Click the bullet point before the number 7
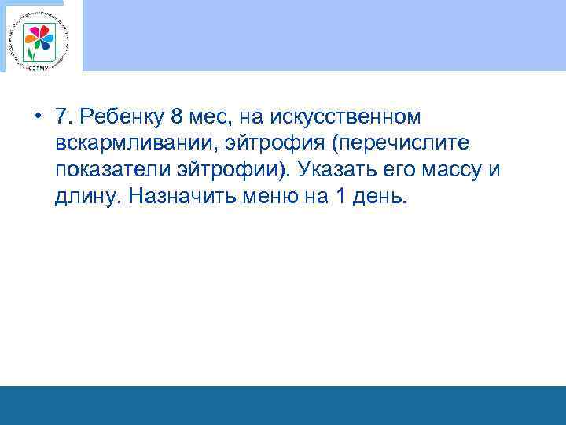tap(38, 116)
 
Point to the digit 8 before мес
tap(175, 116)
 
